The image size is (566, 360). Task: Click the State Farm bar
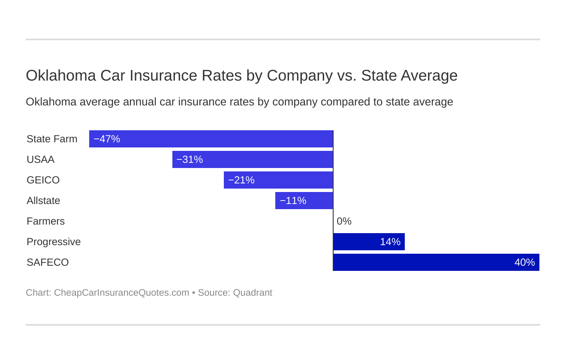coord(211,139)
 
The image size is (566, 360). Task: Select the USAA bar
coord(253,159)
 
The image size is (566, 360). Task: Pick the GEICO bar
coord(278,180)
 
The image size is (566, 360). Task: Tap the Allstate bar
coord(304,201)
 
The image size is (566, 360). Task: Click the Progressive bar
coord(369,242)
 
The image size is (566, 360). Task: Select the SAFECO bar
coord(436,262)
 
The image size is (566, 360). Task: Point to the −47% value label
coord(107,139)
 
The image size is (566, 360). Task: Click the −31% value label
coord(190,160)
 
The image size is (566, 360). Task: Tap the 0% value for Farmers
coord(344,222)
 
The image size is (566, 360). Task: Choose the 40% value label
coord(524,263)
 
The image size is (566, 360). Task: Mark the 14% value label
coord(390,242)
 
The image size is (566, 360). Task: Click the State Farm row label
coord(52,139)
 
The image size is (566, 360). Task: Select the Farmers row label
coord(45,222)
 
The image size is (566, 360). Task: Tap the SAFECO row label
coord(48,263)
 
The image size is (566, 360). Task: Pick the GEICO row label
coord(43,180)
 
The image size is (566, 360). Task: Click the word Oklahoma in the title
coord(61,76)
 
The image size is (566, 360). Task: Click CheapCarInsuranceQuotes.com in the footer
coord(121,293)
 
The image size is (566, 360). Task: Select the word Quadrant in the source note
coord(253,293)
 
